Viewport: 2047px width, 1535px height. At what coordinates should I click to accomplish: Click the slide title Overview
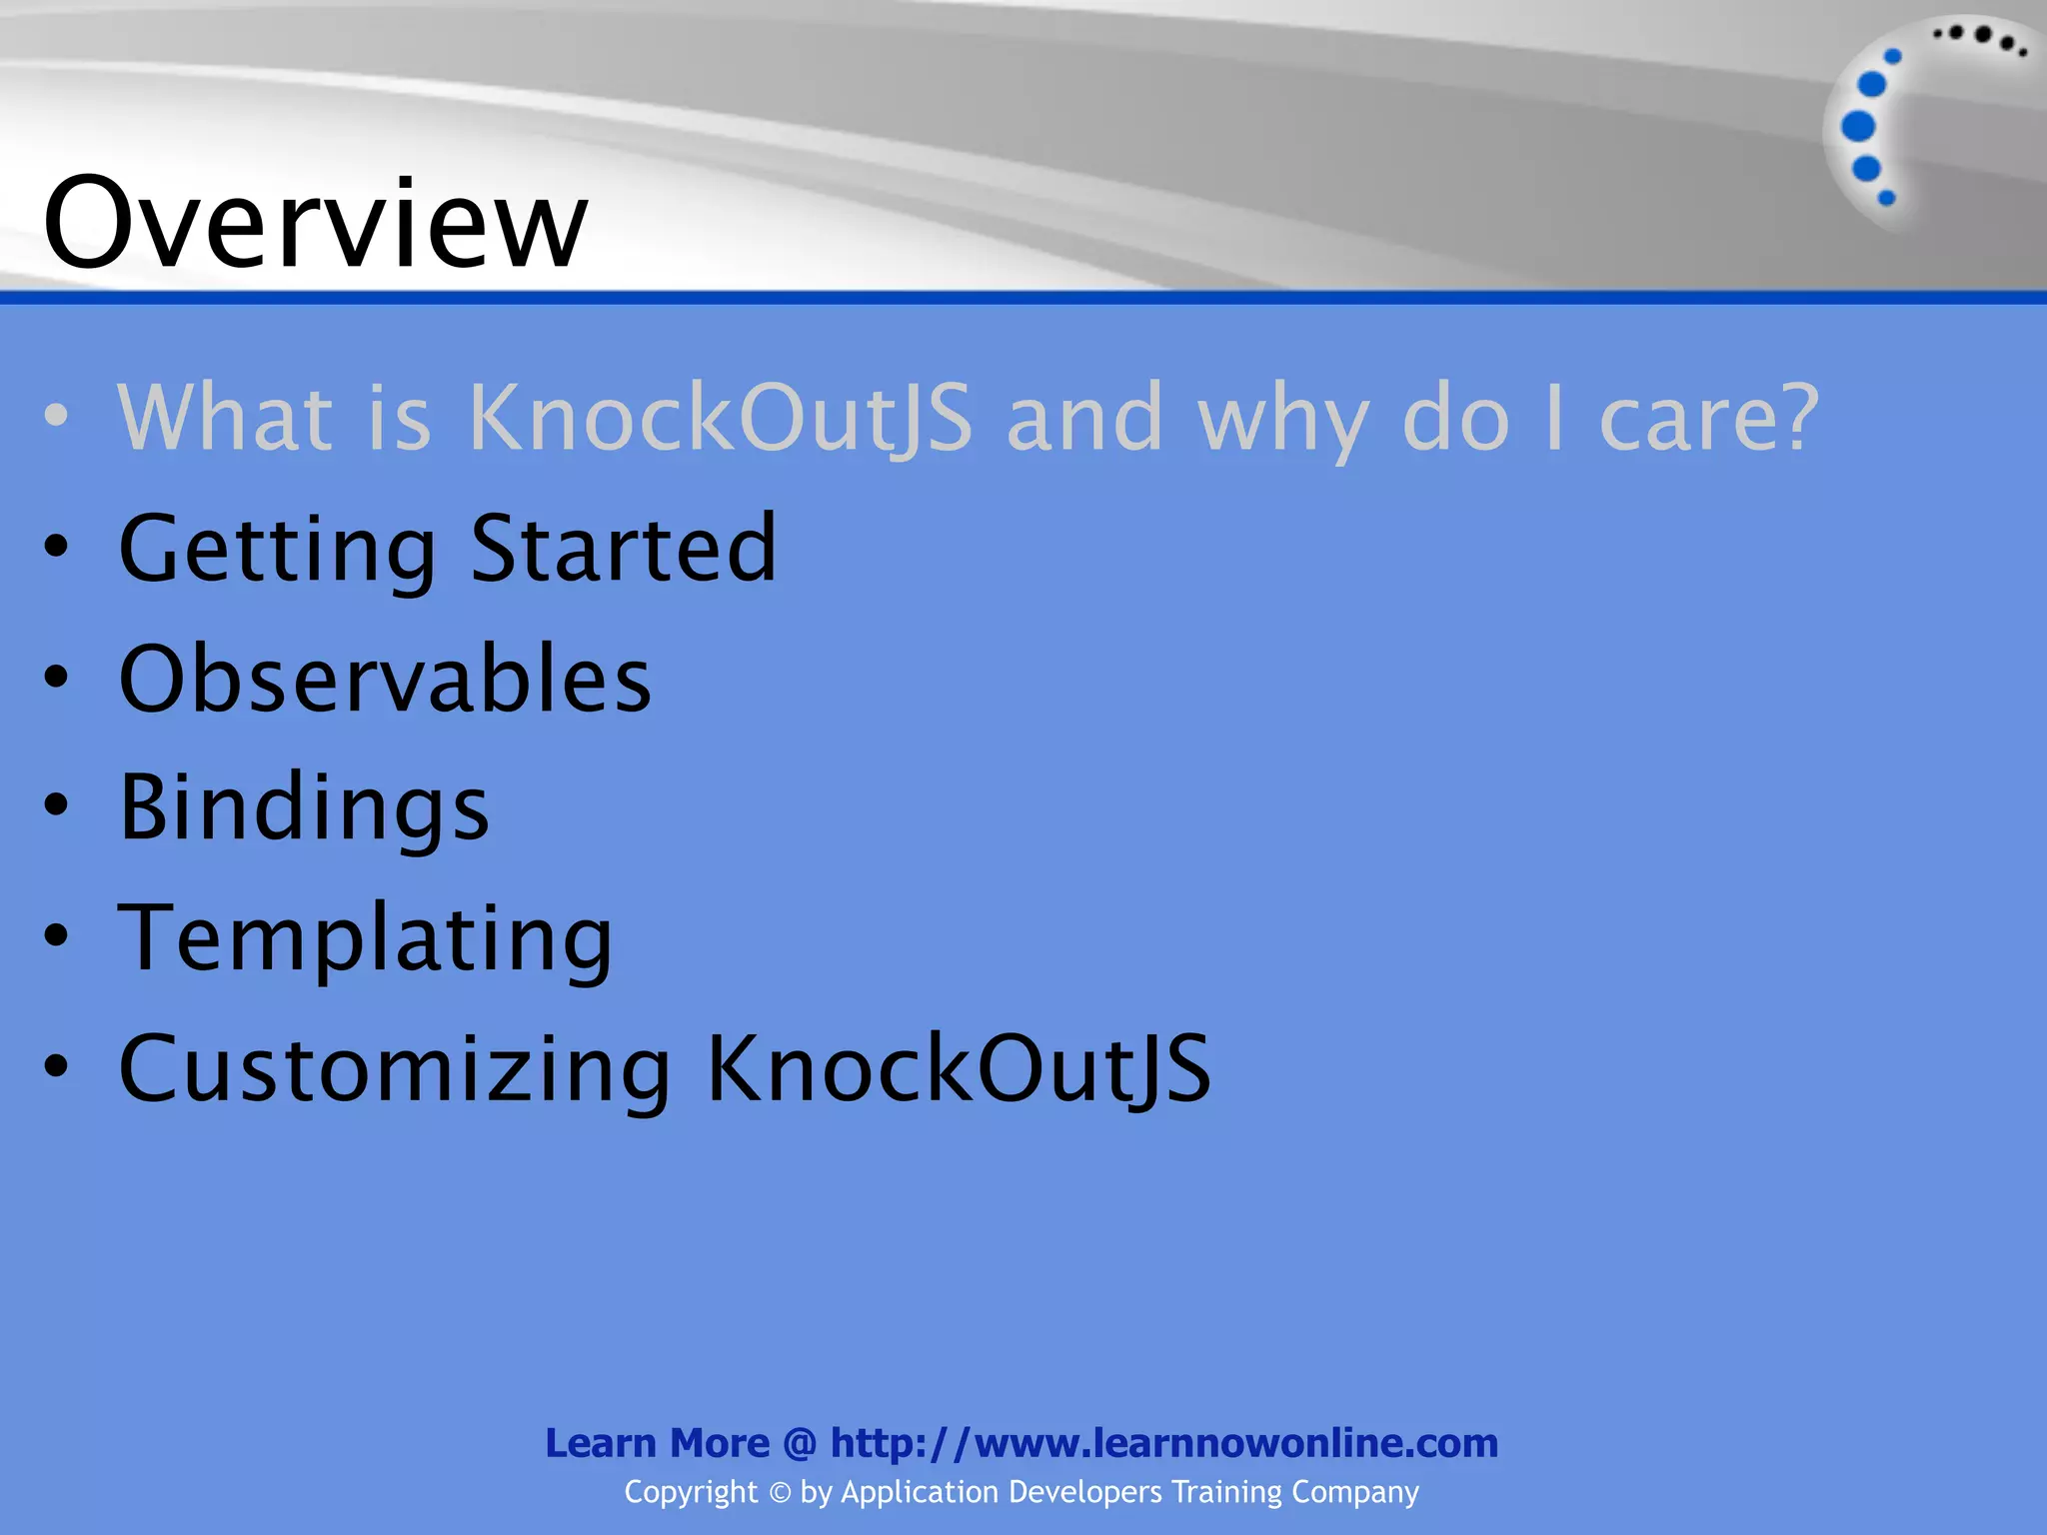pos(315,222)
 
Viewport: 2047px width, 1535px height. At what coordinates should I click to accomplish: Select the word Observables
pos(385,679)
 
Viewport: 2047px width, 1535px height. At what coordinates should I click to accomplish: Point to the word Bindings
pos(304,807)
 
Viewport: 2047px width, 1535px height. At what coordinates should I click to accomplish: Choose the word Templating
pos(365,937)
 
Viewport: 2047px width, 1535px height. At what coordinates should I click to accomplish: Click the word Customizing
pos(395,1068)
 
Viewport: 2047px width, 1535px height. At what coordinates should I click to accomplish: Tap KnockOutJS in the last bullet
pos(959,1068)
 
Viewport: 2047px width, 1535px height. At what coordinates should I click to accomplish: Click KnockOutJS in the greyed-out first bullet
pos(720,418)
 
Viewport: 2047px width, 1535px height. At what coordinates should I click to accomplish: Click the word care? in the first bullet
pos(1709,418)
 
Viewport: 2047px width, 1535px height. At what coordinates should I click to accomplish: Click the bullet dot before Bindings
pos(57,804)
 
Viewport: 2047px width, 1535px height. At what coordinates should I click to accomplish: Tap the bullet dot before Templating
pos(57,935)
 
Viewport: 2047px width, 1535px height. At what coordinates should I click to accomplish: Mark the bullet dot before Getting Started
pos(57,546)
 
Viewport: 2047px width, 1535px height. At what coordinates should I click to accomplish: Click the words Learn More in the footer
pos(657,1443)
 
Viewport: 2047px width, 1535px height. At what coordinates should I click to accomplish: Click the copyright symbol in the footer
pos(780,1493)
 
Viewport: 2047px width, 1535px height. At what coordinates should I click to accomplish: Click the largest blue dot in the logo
pos(1858,126)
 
